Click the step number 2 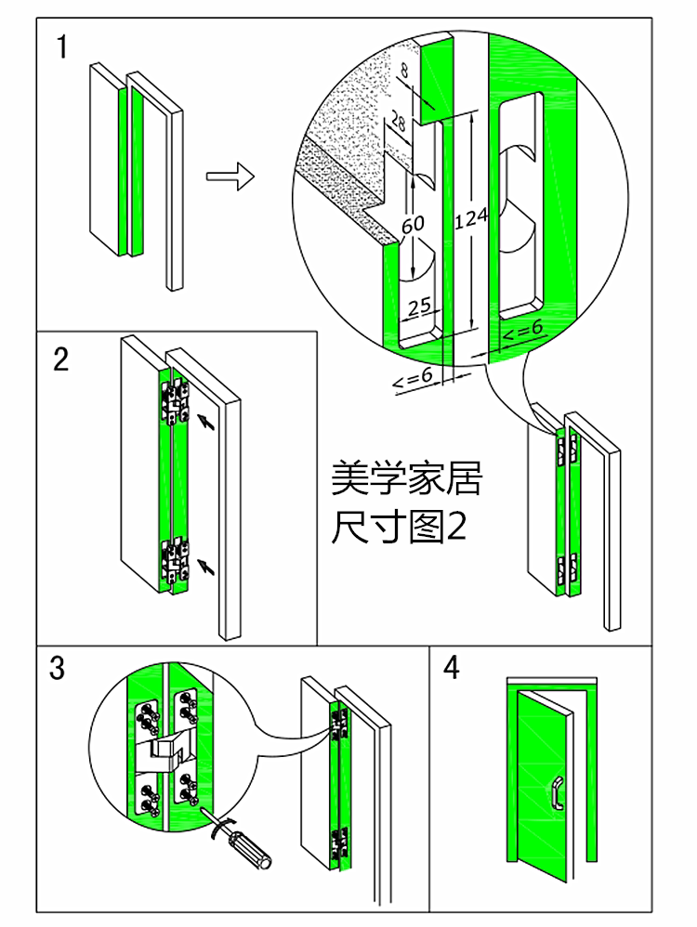[60, 359]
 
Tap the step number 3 [59, 667]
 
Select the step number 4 [452, 667]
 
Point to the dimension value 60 [413, 224]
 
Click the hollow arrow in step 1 [230, 176]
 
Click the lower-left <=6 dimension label [413, 378]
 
